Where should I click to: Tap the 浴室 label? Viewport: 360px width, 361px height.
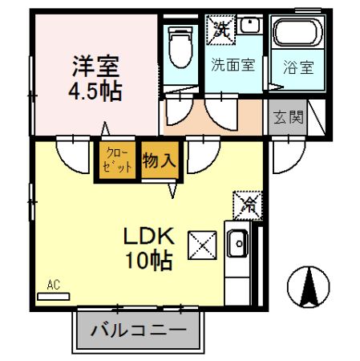pos(297,68)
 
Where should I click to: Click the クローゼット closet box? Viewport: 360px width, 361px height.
pos(117,160)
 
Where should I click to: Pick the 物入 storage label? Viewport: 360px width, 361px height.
pos(159,160)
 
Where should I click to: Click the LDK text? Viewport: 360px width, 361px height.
pos(148,237)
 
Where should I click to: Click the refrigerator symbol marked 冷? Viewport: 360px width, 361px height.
pos(247,205)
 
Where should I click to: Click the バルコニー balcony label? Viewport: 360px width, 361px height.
pos(138,329)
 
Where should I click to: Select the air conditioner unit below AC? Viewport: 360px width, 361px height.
pos(54,295)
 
